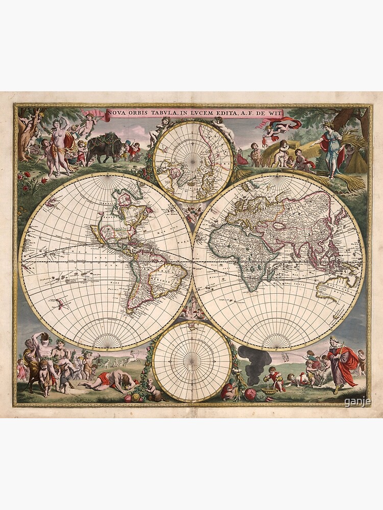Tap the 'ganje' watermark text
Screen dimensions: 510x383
pyautogui.click(x=358, y=402)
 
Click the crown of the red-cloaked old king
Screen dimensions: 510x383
pyautogui.click(x=334, y=339)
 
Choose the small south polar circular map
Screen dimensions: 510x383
pyautogui.click(x=192, y=361)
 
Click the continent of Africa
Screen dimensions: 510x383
pyautogui.click(x=245, y=250)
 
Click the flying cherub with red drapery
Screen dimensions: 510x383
pyautogui.click(x=278, y=125)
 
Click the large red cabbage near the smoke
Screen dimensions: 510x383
pyautogui.click(x=250, y=394)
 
